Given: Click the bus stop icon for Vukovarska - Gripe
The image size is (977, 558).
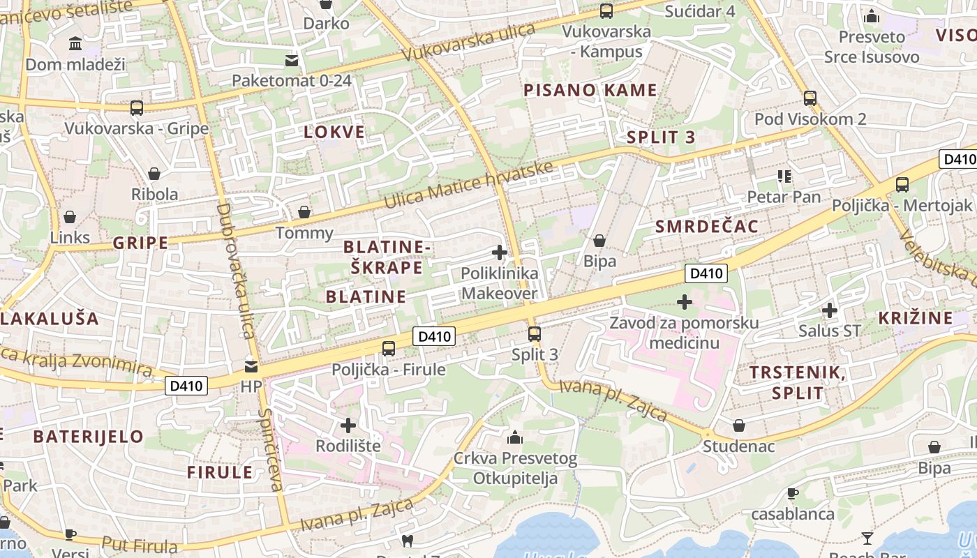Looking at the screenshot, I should [137, 108].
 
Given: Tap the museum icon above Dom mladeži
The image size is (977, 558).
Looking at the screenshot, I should [75, 45].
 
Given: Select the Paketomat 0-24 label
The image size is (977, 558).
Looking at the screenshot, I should [292, 80].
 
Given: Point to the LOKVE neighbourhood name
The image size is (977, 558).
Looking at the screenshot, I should [334, 132].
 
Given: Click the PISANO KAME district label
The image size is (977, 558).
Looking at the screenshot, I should [590, 90].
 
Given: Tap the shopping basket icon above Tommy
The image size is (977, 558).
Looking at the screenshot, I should [304, 212].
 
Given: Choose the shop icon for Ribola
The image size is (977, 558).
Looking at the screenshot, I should [154, 174].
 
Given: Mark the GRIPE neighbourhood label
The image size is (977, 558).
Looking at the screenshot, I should [140, 243].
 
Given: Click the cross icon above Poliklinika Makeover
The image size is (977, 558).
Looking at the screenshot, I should [500, 252].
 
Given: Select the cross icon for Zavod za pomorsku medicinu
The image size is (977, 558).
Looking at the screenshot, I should [685, 302].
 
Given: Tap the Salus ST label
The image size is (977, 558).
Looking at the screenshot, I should [830, 331].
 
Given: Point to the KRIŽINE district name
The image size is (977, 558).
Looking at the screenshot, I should [915, 318].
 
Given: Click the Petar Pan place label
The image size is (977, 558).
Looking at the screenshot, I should [784, 197].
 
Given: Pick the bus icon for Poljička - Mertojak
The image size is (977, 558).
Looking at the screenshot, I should [902, 185].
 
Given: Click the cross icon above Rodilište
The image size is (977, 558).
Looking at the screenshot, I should [348, 425].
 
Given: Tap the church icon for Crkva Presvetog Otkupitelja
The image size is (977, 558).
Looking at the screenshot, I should [515, 437].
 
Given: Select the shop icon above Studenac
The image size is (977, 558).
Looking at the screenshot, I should [739, 425].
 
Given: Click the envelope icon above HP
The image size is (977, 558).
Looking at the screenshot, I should [251, 366].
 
